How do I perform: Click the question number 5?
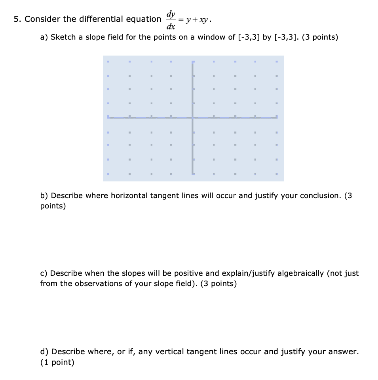(16, 19)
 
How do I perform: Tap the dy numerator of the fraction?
(171, 14)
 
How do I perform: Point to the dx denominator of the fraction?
(171, 27)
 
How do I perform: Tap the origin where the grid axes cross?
(193, 117)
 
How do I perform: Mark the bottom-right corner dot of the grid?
(277, 174)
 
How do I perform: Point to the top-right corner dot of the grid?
(277, 62)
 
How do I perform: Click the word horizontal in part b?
(129, 196)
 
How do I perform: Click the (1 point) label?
(57, 362)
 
